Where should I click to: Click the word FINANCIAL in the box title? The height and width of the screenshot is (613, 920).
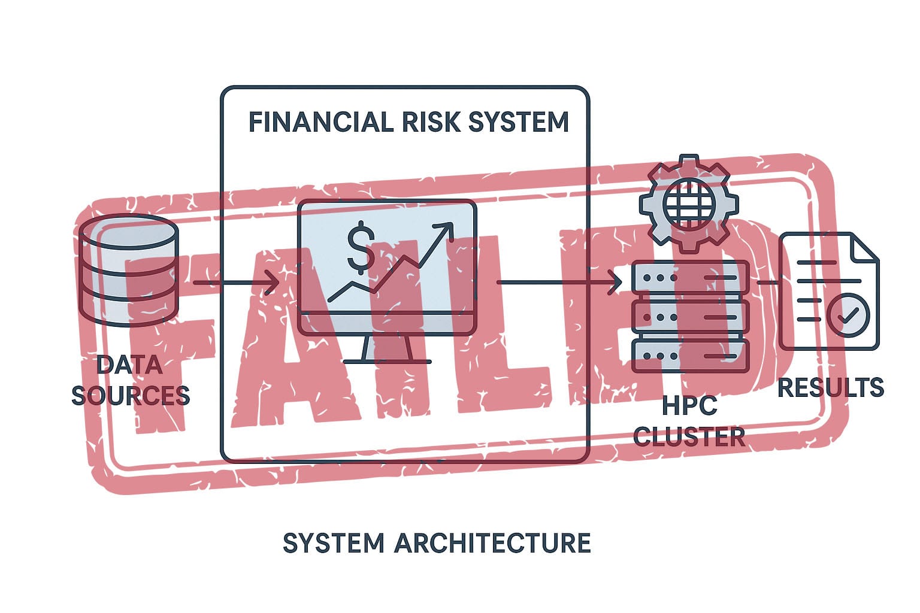320,122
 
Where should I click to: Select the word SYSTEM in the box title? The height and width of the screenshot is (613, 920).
519,122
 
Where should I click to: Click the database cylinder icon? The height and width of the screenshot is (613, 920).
129,269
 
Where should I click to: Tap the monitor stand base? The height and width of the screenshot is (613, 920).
387,360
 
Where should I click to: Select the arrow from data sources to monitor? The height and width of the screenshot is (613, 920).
236,282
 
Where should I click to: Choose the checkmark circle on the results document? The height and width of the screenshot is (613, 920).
848,314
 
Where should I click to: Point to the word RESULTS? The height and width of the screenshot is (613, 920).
830,388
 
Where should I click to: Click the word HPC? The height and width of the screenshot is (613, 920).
689,406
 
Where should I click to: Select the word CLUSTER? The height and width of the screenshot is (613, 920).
689,437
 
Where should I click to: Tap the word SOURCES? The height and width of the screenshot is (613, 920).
131,396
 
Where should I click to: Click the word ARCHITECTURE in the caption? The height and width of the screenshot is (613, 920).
492,544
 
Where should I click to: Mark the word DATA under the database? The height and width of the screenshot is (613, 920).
129,365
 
